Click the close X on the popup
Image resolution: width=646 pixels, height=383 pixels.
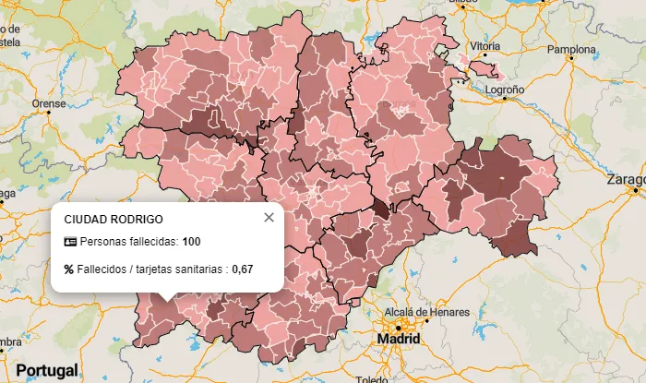[269, 218]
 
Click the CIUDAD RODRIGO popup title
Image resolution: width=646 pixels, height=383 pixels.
[114, 220]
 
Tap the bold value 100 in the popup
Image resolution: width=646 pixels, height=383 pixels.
[191, 242]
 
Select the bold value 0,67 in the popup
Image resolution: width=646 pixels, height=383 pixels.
[242, 269]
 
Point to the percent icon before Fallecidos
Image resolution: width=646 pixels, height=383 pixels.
[69, 269]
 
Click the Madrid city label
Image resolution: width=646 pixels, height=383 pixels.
[399, 340]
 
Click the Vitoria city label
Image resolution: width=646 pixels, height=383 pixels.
[485, 45]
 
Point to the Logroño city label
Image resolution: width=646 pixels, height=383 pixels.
[505, 90]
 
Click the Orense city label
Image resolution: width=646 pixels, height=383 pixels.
[49, 103]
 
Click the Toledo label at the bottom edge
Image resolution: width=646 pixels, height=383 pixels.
[373, 379]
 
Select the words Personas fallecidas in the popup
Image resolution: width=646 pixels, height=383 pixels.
[127, 242]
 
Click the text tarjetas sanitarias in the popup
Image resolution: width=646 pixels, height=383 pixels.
[183, 269]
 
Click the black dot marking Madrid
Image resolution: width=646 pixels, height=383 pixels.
[399, 327]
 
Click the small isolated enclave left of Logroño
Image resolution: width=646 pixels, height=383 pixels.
[484, 69]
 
